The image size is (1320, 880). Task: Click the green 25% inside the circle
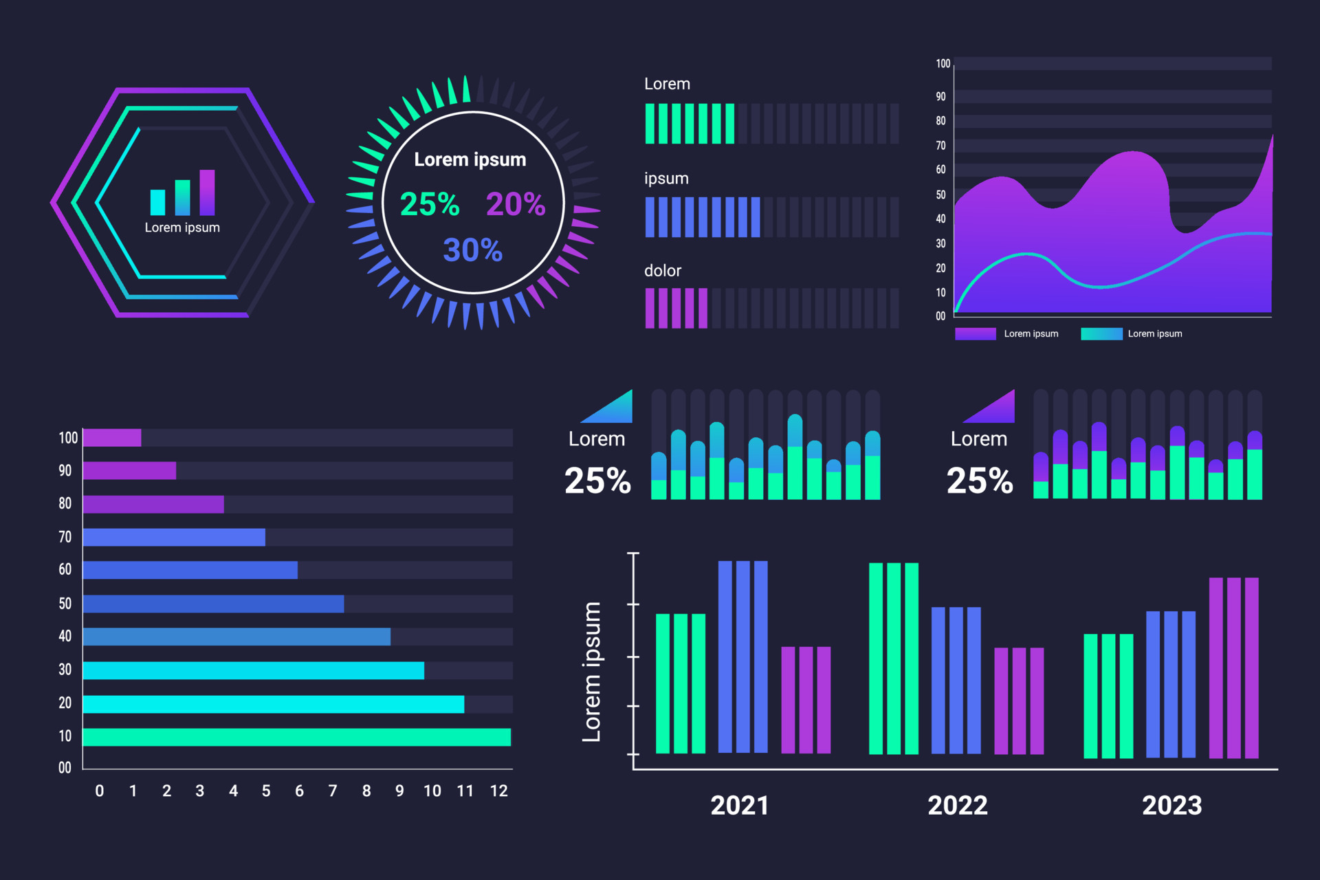click(x=430, y=204)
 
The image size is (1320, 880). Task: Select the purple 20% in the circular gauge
click(x=516, y=204)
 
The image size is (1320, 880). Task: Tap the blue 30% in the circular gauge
click(x=472, y=250)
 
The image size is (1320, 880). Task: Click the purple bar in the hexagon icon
click(x=207, y=192)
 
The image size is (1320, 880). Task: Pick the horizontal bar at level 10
click(x=296, y=737)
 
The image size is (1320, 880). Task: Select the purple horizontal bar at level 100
click(x=112, y=438)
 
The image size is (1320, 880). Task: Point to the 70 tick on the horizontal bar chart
click(x=65, y=537)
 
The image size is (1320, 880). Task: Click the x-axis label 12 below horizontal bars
click(x=498, y=791)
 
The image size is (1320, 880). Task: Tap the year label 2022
click(x=957, y=805)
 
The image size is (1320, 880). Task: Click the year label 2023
click(x=1171, y=805)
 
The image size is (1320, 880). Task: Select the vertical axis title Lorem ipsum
click(x=591, y=672)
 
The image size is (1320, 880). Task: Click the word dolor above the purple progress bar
click(x=663, y=271)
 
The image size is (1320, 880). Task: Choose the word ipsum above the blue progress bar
click(x=666, y=178)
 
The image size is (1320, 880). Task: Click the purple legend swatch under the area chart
click(x=975, y=334)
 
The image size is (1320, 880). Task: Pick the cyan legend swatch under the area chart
click(x=1101, y=334)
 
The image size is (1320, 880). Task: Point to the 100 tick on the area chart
click(x=943, y=64)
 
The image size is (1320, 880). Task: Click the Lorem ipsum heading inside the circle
click(x=470, y=159)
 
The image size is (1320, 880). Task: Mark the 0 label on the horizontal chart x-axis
click(x=100, y=791)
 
